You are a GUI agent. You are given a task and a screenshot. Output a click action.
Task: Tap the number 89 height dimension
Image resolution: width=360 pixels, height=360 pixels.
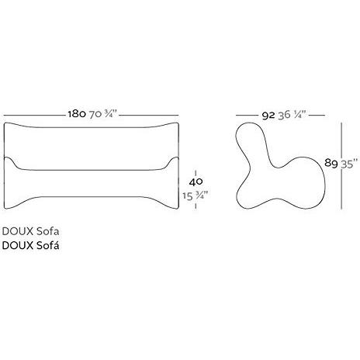click(x=331, y=163)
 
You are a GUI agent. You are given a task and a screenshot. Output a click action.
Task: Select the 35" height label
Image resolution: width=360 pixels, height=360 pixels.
click(x=348, y=163)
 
